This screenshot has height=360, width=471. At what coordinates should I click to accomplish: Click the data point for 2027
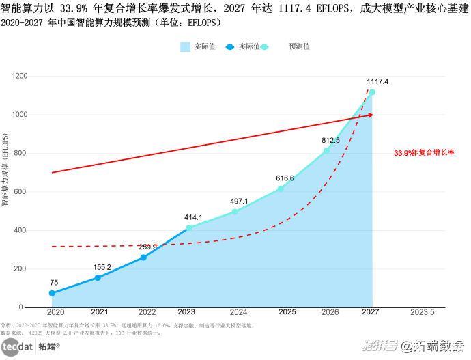(372, 92)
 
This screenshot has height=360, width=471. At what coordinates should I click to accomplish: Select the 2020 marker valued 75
(52, 293)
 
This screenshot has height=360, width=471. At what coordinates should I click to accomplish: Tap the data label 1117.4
(377, 81)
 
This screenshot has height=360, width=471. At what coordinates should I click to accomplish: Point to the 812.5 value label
(330, 140)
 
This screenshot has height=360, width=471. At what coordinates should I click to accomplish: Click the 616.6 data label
(285, 178)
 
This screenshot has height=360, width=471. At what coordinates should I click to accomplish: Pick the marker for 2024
(235, 212)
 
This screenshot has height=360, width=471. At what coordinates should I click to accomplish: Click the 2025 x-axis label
(287, 311)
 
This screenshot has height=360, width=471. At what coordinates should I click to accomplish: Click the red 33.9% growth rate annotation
(424, 153)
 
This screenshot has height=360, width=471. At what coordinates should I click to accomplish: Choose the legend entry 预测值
(299, 46)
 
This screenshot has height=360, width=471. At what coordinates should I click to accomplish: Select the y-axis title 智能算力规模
(5, 171)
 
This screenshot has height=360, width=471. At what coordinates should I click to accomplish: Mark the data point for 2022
(143, 258)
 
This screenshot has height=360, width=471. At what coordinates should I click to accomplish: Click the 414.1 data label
(193, 217)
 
